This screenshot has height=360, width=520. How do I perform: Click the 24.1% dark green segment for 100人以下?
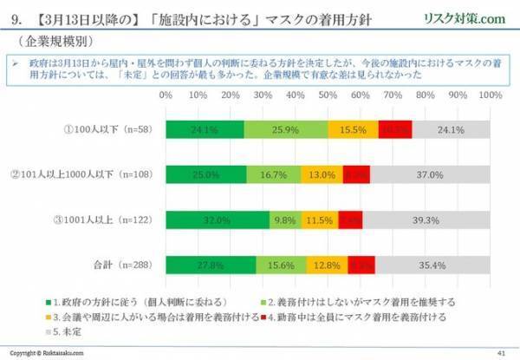[x=205, y=129]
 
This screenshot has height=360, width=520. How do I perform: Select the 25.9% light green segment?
[x=286, y=129]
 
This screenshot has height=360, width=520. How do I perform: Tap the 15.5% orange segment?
[x=353, y=129]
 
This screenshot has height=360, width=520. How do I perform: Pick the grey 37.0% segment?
[x=431, y=173]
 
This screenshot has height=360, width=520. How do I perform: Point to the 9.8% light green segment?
[x=284, y=218]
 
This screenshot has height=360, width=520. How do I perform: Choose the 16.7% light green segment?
[x=274, y=173]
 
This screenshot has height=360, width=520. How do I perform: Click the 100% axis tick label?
[x=490, y=93]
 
